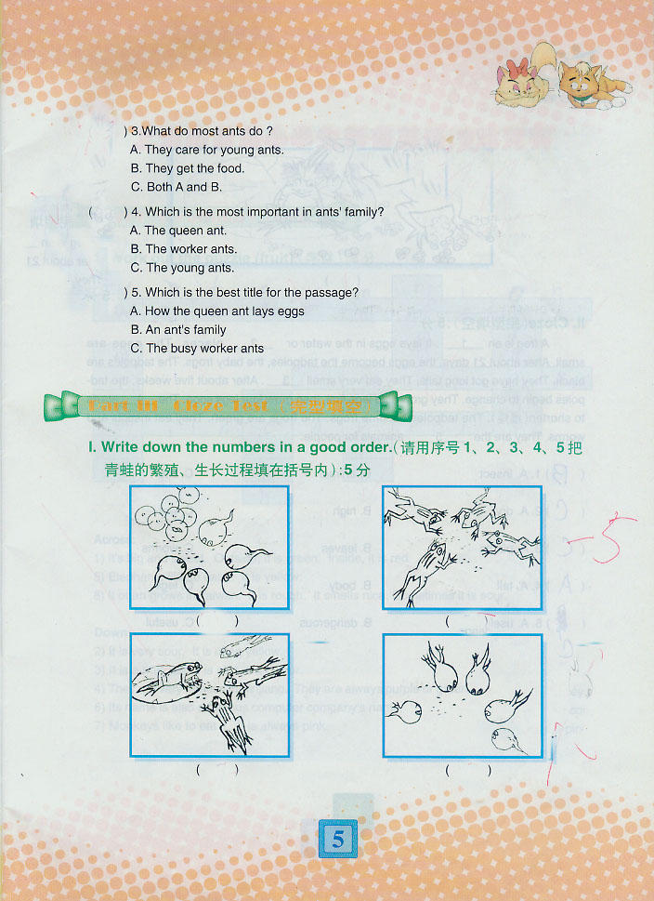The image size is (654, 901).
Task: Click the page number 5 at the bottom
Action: pyautogui.click(x=337, y=840)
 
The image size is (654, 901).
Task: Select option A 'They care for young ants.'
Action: pyautogui.click(x=207, y=150)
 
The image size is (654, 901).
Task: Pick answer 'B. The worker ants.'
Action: pyautogui.click(x=184, y=249)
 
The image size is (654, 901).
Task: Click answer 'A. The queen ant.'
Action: pyautogui.click(x=178, y=231)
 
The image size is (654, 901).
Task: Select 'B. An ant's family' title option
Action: pyautogui.click(x=178, y=330)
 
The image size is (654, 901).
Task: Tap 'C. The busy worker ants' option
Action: pyautogui.click(x=197, y=349)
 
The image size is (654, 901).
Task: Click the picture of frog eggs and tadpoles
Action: pyautogui.click(x=209, y=547)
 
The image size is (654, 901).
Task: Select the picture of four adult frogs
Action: pyautogui.click(x=462, y=547)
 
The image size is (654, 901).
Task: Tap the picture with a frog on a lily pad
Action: pyautogui.click(x=209, y=695)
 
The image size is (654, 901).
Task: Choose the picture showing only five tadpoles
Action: pyautogui.click(x=462, y=695)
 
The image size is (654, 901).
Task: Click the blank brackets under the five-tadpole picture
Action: pyautogui.click(x=462, y=770)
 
